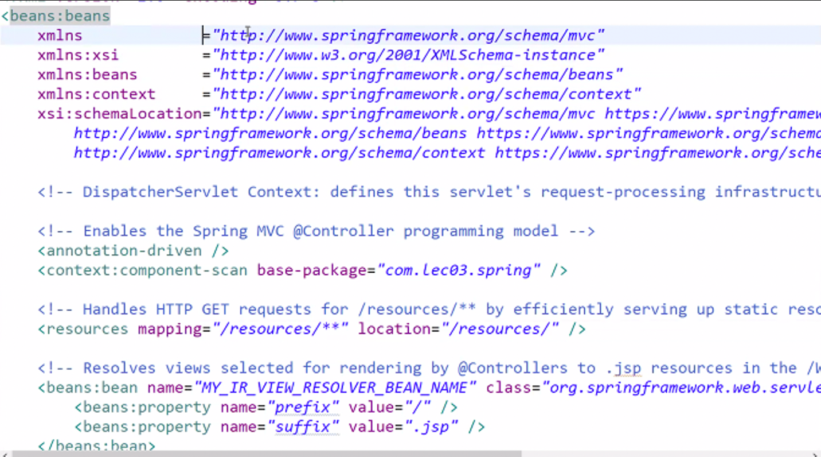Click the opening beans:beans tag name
pyautogui.click(x=60, y=16)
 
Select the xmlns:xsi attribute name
pyautogui.click(x=78, y=55)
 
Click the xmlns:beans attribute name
pyautogui.click(x=87, y=75)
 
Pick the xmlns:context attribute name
pyautogui.click(x=96, y=94)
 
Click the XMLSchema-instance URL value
pyautogui.click(x=408, y=55)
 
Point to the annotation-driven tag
pyautogui.click(x=124, y=251)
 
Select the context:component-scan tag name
pyautogui.click(x=147, y=270)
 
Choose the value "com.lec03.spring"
pyautogui.click(x=459, y=270)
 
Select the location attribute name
pyautogui.click(x=394, y=329)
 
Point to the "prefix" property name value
pyautogui.click(x=303, y=407)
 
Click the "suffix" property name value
pyautogui.click(x=303, y=427)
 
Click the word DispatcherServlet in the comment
pyautogui.click(x=160, y=192)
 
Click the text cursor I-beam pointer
pyautogui.click(x=248, y=32)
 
